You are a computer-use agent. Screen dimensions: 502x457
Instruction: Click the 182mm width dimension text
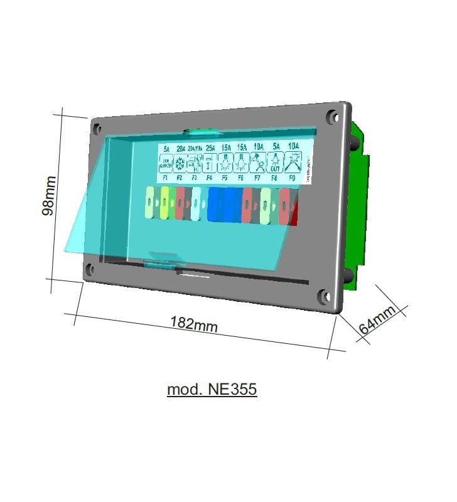click(194, 324)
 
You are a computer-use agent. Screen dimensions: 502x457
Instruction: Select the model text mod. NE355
click(212, 390)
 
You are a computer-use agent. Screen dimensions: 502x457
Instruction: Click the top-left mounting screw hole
click(97, 129)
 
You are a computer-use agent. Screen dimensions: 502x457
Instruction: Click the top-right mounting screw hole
click(331, 116)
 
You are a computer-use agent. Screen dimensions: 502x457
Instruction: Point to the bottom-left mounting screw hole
click(90, 270)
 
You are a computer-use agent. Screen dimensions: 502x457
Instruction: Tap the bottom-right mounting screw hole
click(323, 296)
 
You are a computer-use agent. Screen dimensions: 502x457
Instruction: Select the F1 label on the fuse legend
click(165, 178)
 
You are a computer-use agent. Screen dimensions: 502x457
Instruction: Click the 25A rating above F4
click(210, 149)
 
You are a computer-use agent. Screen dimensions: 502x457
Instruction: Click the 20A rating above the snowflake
click(181, 149)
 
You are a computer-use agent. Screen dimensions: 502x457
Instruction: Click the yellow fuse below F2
click(164, 203)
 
